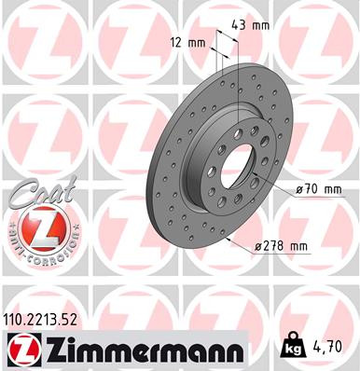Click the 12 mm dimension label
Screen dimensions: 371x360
pos(189,42)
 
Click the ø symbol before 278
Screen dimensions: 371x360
pos(258,246)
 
